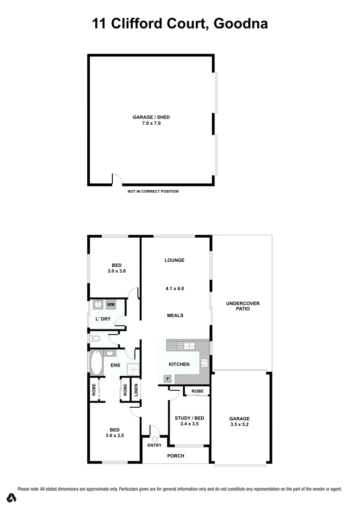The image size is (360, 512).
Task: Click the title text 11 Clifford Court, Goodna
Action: click(x=180, y=23)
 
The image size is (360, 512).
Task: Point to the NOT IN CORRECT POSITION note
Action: click(x=153, y=192)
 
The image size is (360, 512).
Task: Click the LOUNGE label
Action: click(x=174, y=260)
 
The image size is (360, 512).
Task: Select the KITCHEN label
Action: click(x=179, y=365)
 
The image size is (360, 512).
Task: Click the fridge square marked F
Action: click(x=167, y=379)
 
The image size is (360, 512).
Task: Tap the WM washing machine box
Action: click(x=110, y=304)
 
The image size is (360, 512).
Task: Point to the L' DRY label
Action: click(x=103, y=319)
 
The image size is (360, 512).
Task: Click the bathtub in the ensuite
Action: click(x=96, y=364)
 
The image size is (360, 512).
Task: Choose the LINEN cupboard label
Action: click(x=136, y=389)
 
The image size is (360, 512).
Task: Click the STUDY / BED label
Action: click(x=189, y=418)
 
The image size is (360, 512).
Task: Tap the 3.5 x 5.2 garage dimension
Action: click(x=239, y=425)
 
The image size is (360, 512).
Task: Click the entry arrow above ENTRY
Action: click(x=154, y=439)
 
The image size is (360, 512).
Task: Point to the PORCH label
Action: click(x=175, y=456)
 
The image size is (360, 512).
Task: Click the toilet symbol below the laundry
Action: click(x=96, y=338)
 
